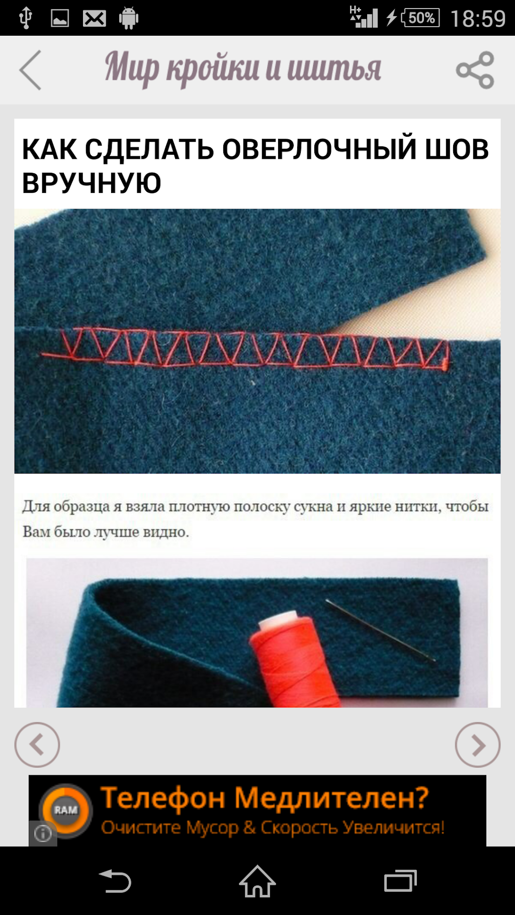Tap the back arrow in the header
click(30, 70)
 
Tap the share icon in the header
click(475, 70)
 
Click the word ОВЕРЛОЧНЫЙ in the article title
click(319, 149)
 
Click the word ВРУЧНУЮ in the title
click(92, 182)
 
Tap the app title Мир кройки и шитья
click(243, 68)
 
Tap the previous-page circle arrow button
click(37, 745)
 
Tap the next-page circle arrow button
click(477, 745)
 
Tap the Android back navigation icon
click(115, 881)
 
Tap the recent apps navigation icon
click(400, 881)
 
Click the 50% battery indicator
click(420, 18)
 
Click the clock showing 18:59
click(478, 19)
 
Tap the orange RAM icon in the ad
click(66, 810)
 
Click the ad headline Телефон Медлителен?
click(265, 798)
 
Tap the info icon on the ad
click(43, 834)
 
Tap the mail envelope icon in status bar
click(95, 19)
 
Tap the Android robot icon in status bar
click(129, 18)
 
